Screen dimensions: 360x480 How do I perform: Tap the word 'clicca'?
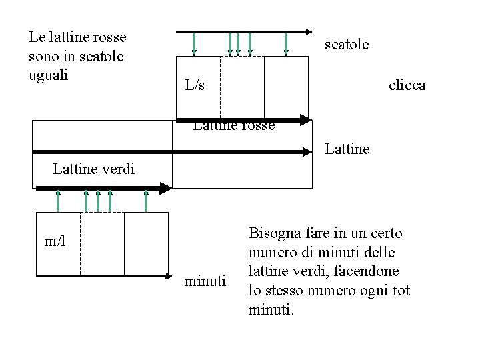coord(407,86)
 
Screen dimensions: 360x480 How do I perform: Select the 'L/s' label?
coord(195,85)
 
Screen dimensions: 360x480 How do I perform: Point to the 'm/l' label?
coord(55,239)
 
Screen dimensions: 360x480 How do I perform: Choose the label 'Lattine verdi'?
coord(93,169)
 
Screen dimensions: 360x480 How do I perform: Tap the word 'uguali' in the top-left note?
coord(49,73)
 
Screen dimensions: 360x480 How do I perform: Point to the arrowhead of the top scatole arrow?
coord(306,31)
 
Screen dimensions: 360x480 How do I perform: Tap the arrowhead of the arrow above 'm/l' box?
coord(165,189)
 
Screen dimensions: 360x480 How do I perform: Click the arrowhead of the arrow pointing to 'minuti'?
coord(166,275)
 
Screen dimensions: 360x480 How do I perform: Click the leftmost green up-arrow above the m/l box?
coord(58,200)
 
